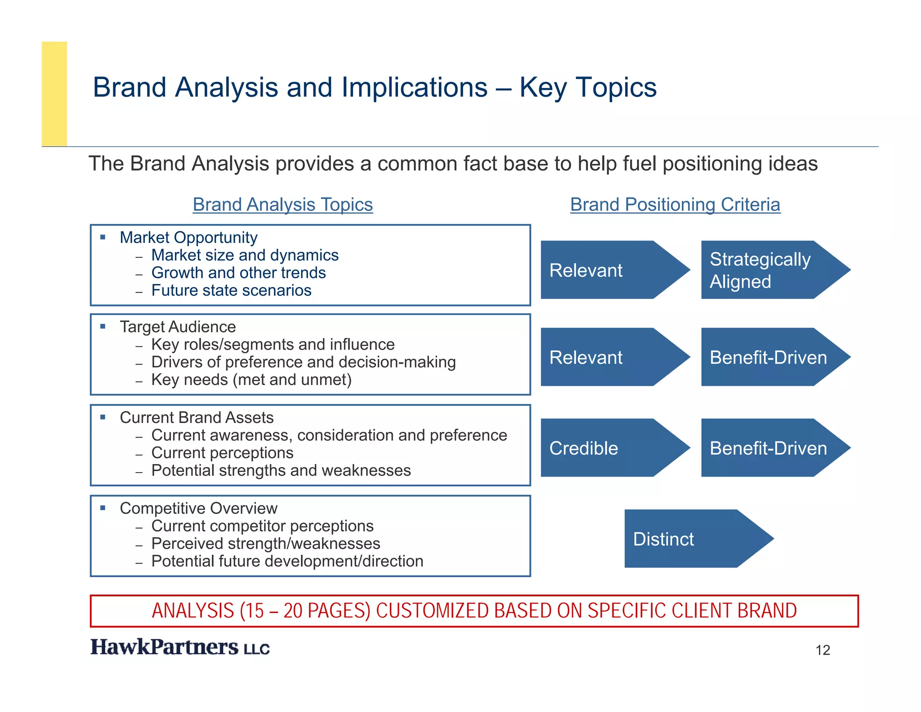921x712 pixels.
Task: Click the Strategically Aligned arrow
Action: [x=769, y=270]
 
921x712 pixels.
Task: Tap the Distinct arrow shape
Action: [x=693, y=539]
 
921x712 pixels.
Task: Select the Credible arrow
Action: [x=607, y=448]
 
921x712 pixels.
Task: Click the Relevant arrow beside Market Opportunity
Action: [x=607, y=270]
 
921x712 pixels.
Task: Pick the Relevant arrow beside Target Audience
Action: [x=607, y=357]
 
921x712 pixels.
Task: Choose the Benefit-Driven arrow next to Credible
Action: [x=769, y=448]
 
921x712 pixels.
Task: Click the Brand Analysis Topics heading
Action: [x=283, y=205]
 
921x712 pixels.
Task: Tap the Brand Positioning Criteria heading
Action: [x=675, y=205]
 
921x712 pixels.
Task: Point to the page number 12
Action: [x=823, y=650]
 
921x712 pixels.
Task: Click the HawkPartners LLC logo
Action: [x=180, y=647]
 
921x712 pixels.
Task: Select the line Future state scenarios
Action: [x=231, y=291]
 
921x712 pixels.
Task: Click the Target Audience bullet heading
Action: [x=178, y=327]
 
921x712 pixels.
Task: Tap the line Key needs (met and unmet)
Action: [x=251, y=380]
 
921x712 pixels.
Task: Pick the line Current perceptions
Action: [x=222, y=453]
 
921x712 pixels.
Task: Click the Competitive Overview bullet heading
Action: [x=198, y=509]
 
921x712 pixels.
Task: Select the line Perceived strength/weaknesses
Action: [x=266, y=544]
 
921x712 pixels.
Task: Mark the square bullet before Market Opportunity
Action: [x=103, y=237]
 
